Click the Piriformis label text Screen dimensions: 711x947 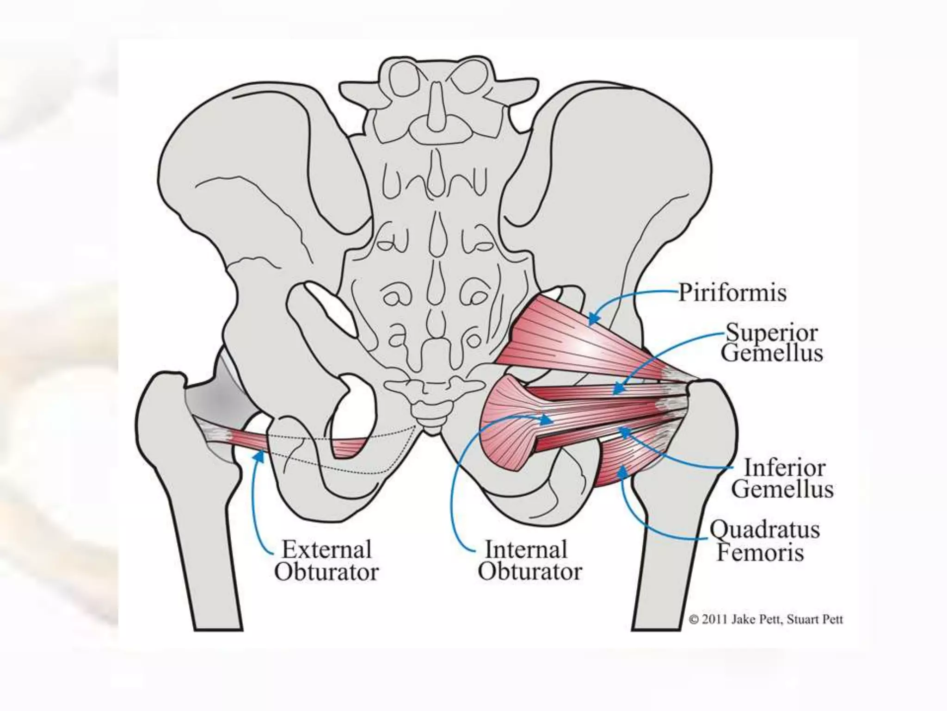732,293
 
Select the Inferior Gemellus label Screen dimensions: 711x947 783,479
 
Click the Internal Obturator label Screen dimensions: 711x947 529,561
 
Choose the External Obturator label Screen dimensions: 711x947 326,561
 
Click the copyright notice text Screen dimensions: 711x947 766,619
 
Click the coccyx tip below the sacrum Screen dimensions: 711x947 431,428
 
